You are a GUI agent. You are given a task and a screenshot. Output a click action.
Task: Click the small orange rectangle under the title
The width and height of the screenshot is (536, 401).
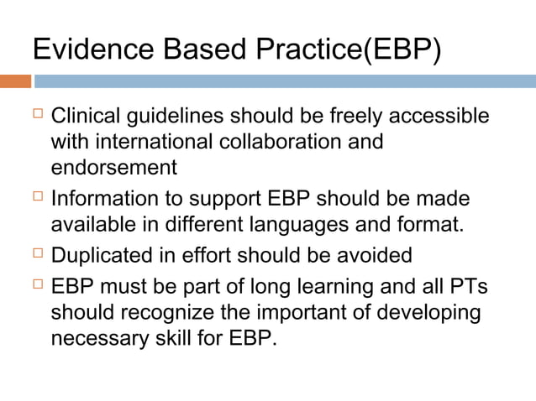point(15,81)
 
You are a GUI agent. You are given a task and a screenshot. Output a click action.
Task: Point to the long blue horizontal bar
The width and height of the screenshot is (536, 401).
point(284,81)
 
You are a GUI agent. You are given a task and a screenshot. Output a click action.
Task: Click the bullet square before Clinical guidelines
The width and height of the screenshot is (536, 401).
point(37,115)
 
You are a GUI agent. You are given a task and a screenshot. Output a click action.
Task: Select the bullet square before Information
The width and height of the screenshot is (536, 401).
point(37,199)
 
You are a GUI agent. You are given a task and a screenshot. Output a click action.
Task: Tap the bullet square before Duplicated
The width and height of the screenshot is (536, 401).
point(37,254)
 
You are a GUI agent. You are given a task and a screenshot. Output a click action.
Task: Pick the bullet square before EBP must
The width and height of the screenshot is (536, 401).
point(37,286)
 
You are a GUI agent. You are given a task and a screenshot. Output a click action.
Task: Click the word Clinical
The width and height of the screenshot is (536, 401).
point(87,116)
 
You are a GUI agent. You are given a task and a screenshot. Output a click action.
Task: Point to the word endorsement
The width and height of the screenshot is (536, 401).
point(114,168)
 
